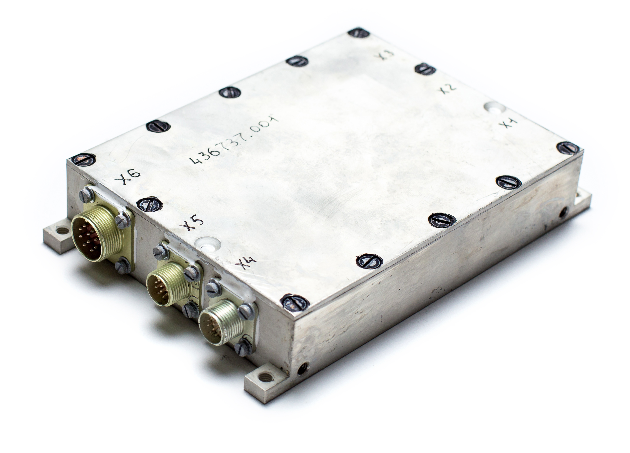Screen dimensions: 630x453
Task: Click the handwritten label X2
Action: (x=448, y=88)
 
